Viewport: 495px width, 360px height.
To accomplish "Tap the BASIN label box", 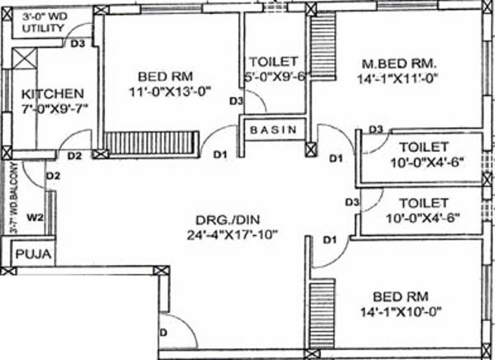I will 275,130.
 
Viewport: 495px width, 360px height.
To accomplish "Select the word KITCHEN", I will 53,93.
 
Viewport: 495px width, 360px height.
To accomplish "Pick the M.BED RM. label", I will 400,64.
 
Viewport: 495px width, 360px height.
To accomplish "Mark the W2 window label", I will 35,219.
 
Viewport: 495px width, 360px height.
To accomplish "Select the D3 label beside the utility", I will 78,45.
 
